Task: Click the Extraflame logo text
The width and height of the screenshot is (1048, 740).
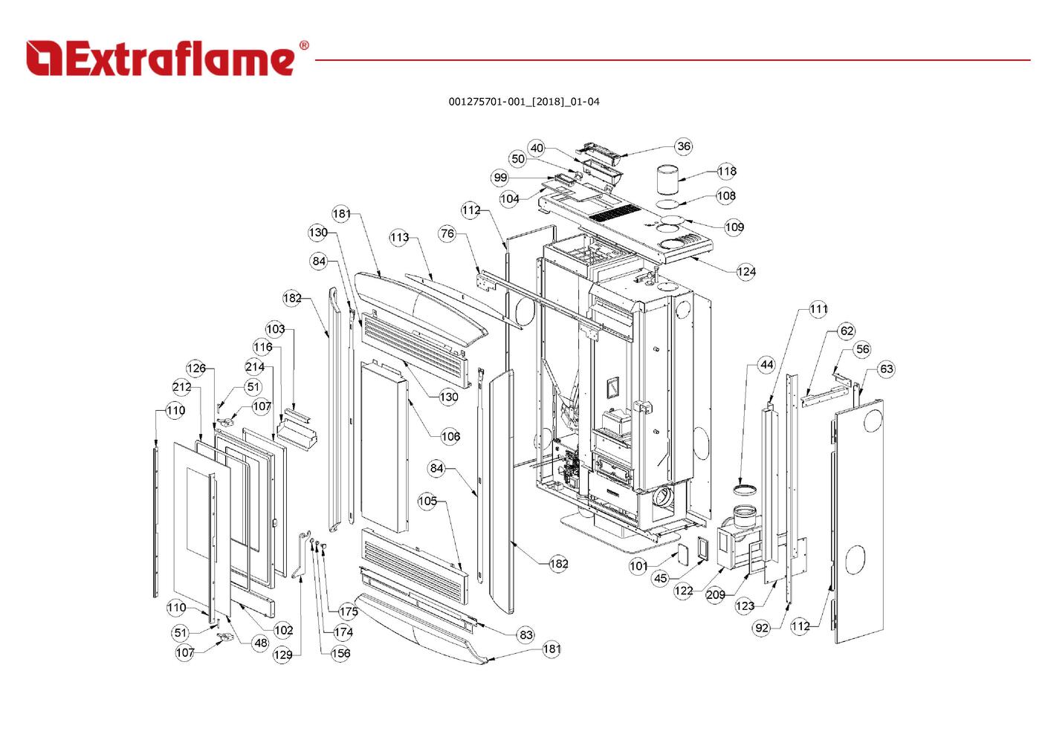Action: pos(161,59)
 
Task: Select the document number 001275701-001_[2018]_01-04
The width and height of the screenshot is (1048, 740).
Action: pos(523,102)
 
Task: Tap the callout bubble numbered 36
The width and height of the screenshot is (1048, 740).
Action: pos(683,146)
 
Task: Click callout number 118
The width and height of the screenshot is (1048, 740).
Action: pos(726,172)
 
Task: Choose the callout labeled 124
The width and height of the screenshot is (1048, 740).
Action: pos(745,272)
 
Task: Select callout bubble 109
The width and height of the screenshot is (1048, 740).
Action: pos(734,227)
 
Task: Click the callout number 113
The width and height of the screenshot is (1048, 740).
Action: pos(399,238)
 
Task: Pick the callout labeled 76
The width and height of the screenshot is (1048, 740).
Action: pos(447,233)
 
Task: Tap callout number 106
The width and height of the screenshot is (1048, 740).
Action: pos(450,436)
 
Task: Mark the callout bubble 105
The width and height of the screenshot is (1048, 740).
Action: pos(427,502)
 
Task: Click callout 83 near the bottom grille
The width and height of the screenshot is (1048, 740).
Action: pos(526,635)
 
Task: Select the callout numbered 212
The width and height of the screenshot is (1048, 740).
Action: pos(181,387)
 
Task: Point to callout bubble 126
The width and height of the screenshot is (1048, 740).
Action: pos(196,369)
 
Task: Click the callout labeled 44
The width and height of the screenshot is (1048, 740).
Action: pos(766,365)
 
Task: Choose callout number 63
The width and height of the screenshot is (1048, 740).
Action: pos(886,369)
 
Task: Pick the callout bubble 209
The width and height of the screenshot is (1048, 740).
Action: pos(715,595)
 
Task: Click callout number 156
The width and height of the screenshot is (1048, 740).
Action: pos(340,654)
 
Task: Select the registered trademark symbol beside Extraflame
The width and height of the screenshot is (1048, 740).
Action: pos(303,46)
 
